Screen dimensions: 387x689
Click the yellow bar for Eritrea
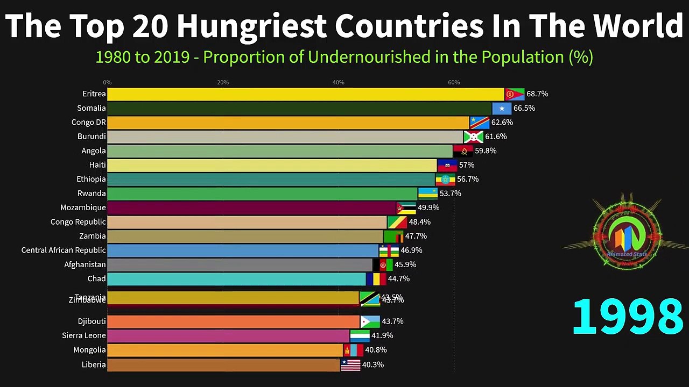[305, 94]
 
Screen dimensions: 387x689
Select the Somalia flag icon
[502, 109]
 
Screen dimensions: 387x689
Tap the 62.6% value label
[502, 123]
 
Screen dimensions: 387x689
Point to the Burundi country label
[92, 137]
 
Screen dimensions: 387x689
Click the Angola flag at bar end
[463, 151]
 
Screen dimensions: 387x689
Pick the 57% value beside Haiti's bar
[466, 165]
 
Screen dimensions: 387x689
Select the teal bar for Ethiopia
[271, 180]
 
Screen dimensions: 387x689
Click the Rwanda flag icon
[428, 193]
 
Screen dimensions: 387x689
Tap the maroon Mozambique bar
[251, 208]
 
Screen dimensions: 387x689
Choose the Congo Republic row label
[78, 222]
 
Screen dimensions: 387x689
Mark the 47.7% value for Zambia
[416, 236]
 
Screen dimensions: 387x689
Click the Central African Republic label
[64, 250]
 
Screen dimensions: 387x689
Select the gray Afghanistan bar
[240, 264]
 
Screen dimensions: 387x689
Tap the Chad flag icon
[376, 279]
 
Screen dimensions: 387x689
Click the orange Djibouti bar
[233, 321]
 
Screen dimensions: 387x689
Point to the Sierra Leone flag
[360, 336]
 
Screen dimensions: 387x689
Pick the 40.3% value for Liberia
[372, 364]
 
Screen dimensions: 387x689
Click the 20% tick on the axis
[223, 82]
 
